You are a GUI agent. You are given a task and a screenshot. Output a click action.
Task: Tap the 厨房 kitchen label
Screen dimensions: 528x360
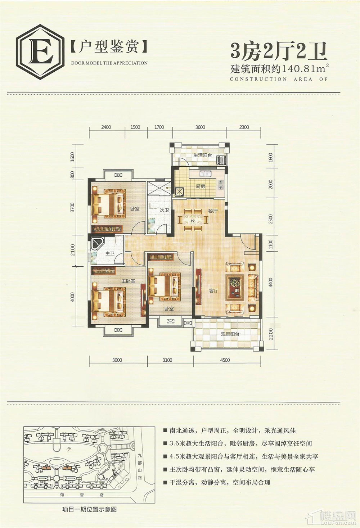(x=201, y=186)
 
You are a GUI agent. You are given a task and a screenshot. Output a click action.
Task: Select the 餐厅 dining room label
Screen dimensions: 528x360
(x=212, y=211)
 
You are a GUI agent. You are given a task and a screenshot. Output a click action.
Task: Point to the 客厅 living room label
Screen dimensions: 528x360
(x=214, y=290)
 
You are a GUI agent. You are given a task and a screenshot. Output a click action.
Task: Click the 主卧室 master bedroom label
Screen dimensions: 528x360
(x=128, y=281)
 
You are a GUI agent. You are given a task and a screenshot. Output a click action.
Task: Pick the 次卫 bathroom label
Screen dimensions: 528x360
(x=164, y=210)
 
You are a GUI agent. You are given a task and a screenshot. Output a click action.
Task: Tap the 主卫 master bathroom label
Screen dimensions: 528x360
(x=110, y=254)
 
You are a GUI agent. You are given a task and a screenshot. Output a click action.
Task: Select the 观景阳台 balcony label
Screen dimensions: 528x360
(x=230, y=334)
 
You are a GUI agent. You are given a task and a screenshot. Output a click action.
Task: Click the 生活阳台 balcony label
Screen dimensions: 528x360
(x=202, y=155)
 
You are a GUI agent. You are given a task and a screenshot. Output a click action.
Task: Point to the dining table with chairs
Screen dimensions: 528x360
(x=193, y=218)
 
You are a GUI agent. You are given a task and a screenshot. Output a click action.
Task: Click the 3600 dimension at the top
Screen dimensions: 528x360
(x=200, y=127)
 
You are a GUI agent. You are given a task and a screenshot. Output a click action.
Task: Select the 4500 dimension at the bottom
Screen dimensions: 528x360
(x=225, y=360)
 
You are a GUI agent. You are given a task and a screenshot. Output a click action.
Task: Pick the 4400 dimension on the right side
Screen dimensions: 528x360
(x=271, y=282)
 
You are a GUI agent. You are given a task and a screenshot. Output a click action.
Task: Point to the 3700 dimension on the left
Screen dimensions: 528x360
(x=73, y=207)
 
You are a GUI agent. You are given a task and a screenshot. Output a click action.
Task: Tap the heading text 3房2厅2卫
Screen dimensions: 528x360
(x=279, y=51)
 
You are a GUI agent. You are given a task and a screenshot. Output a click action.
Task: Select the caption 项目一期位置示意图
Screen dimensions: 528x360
(x=89, y=509)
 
